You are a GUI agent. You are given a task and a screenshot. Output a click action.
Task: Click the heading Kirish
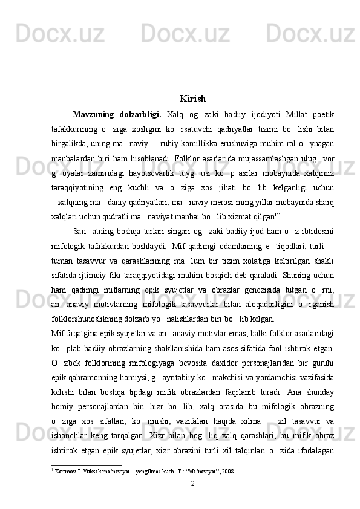click(x=192, y=99)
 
